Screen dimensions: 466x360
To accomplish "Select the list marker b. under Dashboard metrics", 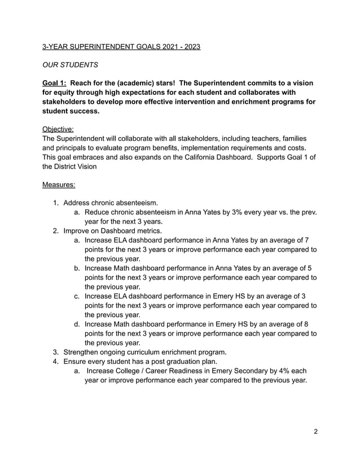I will [x=77, y=267].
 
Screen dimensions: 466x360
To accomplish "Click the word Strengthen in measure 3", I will [x=82, y=351].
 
